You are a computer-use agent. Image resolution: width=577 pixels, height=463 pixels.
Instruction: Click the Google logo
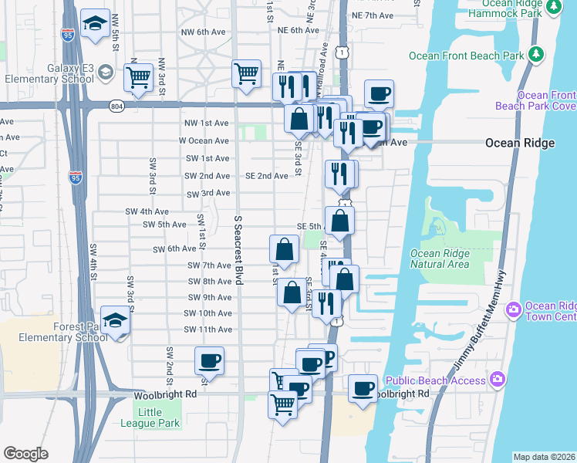click(x=25, y=454)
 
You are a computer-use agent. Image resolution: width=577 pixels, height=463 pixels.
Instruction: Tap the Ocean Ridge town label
click(x=519, y=144)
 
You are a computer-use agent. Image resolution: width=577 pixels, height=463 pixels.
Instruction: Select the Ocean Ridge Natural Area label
click(x=440, y=259)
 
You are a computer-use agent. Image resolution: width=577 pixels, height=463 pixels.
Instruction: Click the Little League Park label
click(x=150, y=417)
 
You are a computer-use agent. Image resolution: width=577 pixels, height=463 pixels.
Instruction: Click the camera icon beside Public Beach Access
click(x=498, y=379)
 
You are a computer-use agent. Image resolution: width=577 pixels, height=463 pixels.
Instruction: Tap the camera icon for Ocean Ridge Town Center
click(x=514, y=309)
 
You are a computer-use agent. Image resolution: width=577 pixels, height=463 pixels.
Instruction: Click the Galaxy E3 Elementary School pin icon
click(x=106, y=73)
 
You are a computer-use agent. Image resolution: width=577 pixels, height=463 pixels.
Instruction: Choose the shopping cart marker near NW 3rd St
click(x=139, y=76)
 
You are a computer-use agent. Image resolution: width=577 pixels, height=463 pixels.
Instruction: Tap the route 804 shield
click(x=116, y=106)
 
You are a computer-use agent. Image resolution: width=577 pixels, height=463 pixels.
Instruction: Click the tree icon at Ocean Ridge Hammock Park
click(x=554, y=8)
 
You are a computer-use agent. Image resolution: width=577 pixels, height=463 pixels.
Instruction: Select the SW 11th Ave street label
click(x=208, y=330)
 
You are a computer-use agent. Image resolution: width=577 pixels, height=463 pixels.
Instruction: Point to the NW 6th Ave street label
click(x=203, y=32)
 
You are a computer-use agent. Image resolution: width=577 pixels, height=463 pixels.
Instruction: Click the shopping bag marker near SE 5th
click(x=339, y=221)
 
